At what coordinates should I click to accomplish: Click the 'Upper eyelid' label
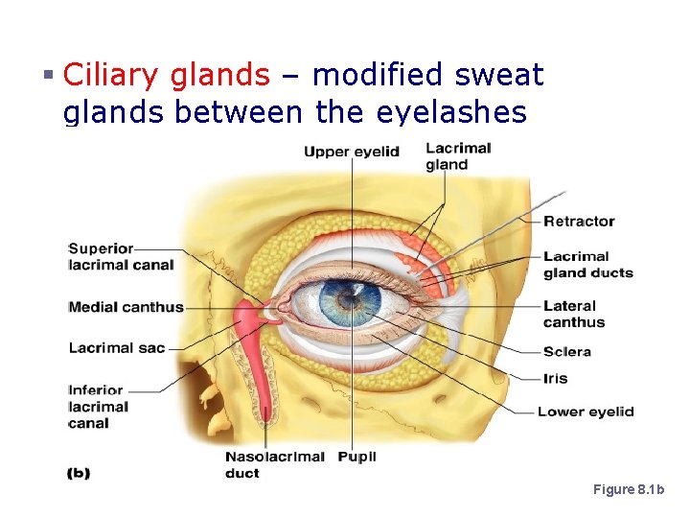(x=351, y=152)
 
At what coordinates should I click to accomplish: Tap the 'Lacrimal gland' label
(x=458, y=156)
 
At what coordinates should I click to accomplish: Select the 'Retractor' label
(x=579, y=222)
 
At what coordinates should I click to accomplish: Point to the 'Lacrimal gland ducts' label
(x=587, y=265)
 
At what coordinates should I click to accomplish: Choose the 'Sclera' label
(x=566, y=352)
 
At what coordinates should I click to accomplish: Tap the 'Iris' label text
(x=555, y=379)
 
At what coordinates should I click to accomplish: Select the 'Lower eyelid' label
(x=585, y=412)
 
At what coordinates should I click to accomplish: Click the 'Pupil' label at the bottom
(x=357, y=457)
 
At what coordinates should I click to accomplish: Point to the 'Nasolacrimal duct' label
(x=274, y=464)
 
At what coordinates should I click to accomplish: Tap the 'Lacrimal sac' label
(x=117, y=348)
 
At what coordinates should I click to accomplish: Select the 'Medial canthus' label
(x=126, y=308)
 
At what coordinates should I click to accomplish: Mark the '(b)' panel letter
(x=78, y=473)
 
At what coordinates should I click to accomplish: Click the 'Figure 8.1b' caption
(x=628, y=490)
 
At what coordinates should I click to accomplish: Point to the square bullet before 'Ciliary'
(x=49, y=75)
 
